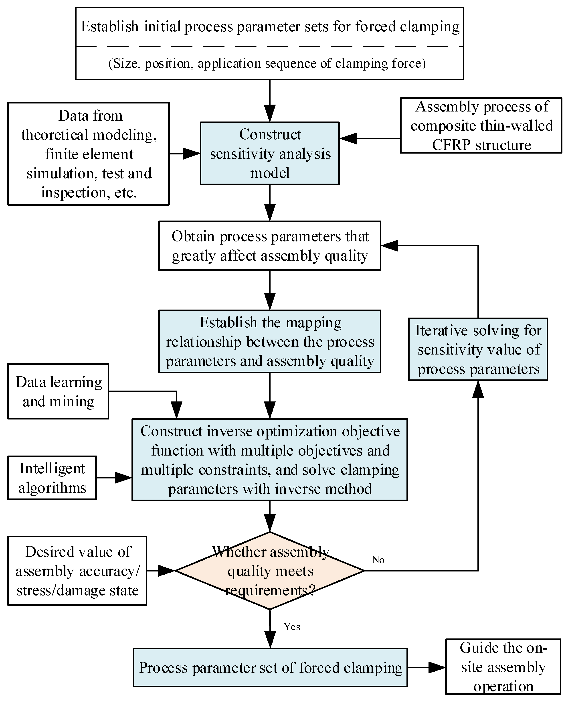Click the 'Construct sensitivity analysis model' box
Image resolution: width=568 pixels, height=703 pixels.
point(270,153)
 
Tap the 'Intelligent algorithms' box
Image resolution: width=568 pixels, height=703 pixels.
point(52,478)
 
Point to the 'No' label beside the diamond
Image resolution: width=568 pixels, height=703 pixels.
point(378,560)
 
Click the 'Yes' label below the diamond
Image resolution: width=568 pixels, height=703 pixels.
point(291,627)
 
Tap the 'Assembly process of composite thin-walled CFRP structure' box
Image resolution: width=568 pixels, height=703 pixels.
point(481,126)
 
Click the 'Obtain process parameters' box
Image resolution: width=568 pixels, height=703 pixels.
point(270,246)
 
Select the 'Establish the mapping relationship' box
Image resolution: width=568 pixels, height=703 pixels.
point(270,341)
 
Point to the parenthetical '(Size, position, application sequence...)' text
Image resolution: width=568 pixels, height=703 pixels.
point(267,63)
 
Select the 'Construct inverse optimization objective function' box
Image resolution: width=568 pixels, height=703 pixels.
point(270,460)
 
